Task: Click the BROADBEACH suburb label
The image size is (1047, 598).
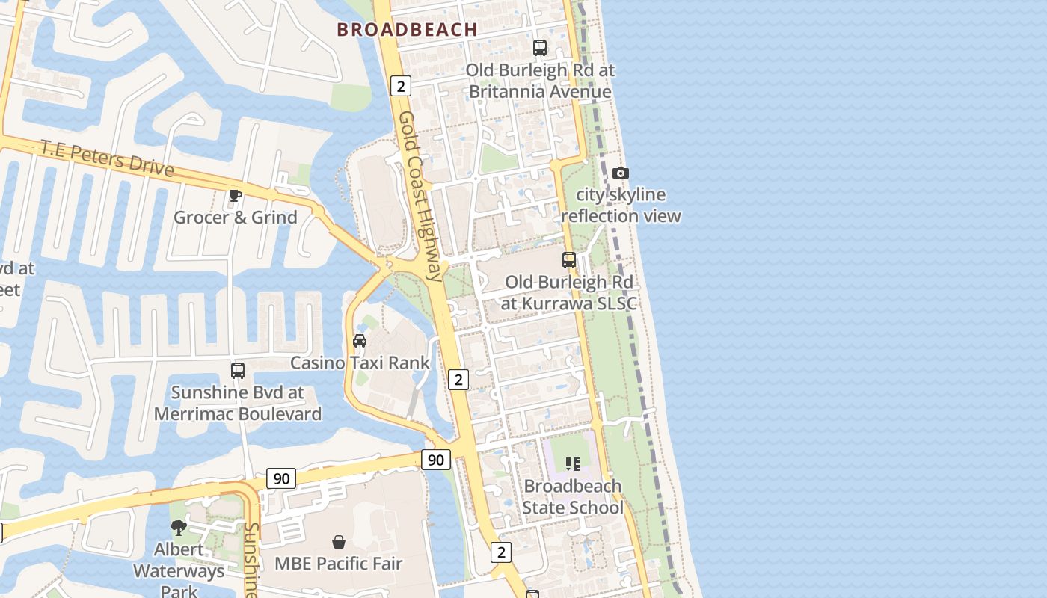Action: coord(407,30)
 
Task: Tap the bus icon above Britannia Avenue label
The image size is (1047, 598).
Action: coord(539,48)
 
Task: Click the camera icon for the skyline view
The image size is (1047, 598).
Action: coord(620,173)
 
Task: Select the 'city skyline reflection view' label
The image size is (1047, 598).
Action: coord(621,206)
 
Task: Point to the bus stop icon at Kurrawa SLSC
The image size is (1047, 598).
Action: coord(569,260)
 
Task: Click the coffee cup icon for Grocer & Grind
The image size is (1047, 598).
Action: coord(236,196)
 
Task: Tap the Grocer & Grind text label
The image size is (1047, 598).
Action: coord(236,218)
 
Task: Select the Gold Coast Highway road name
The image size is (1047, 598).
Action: coord(420,196)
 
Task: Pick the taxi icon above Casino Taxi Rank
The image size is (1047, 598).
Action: coord(360,341)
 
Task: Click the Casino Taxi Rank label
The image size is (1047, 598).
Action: coord(360,363)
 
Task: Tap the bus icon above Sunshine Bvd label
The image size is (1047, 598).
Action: coord(238,370)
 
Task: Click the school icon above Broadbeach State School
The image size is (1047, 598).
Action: coord(573,464)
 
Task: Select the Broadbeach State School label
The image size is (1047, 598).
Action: coord(573,497)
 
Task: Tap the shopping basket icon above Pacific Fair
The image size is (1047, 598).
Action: coord(339,541)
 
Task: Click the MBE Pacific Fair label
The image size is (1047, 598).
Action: coord(339,564)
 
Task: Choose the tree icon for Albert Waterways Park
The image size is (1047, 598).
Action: coord(178,528)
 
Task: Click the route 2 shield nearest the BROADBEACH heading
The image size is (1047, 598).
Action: coord(401,86)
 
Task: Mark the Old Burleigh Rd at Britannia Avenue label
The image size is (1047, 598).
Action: coord(540,81)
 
